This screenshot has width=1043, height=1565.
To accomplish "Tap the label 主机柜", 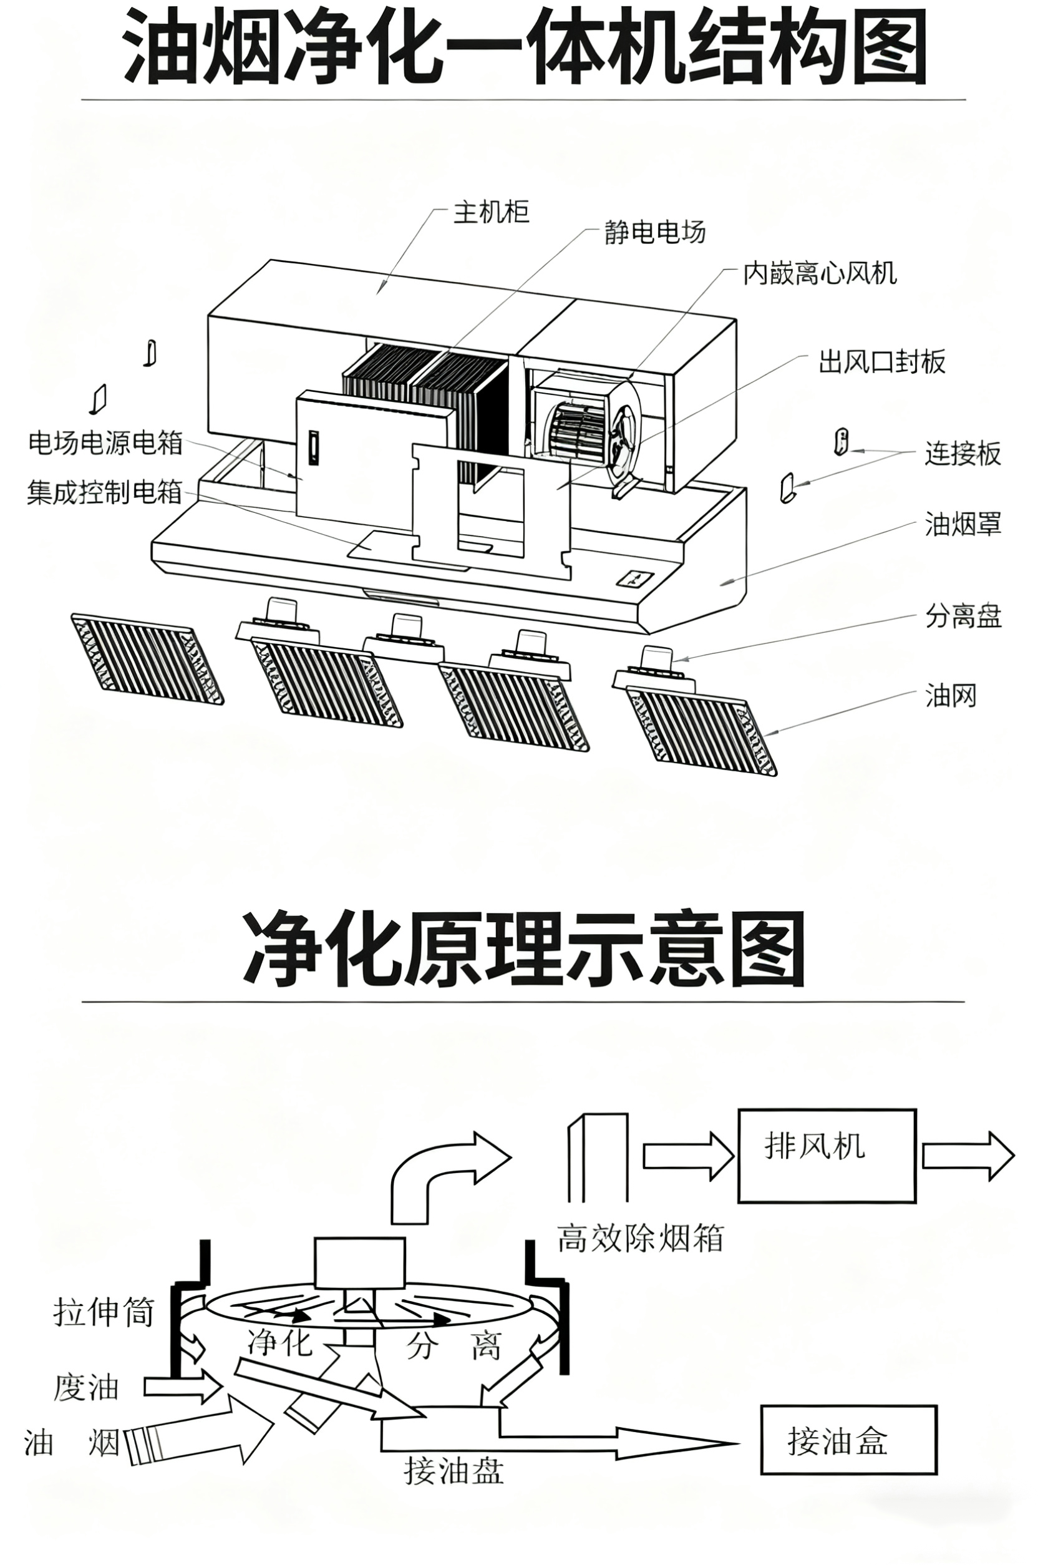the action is (492, 212).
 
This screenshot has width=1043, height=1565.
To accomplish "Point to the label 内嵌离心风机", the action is (820, 273).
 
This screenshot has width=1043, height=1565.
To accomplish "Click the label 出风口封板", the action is (882, 362).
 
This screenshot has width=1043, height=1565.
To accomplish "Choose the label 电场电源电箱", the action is (105, 443).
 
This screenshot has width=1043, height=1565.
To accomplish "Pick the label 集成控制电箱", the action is (104, 492).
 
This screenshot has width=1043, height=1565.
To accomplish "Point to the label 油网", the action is (951, 696).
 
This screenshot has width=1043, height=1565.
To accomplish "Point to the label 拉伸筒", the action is (104, 1313).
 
